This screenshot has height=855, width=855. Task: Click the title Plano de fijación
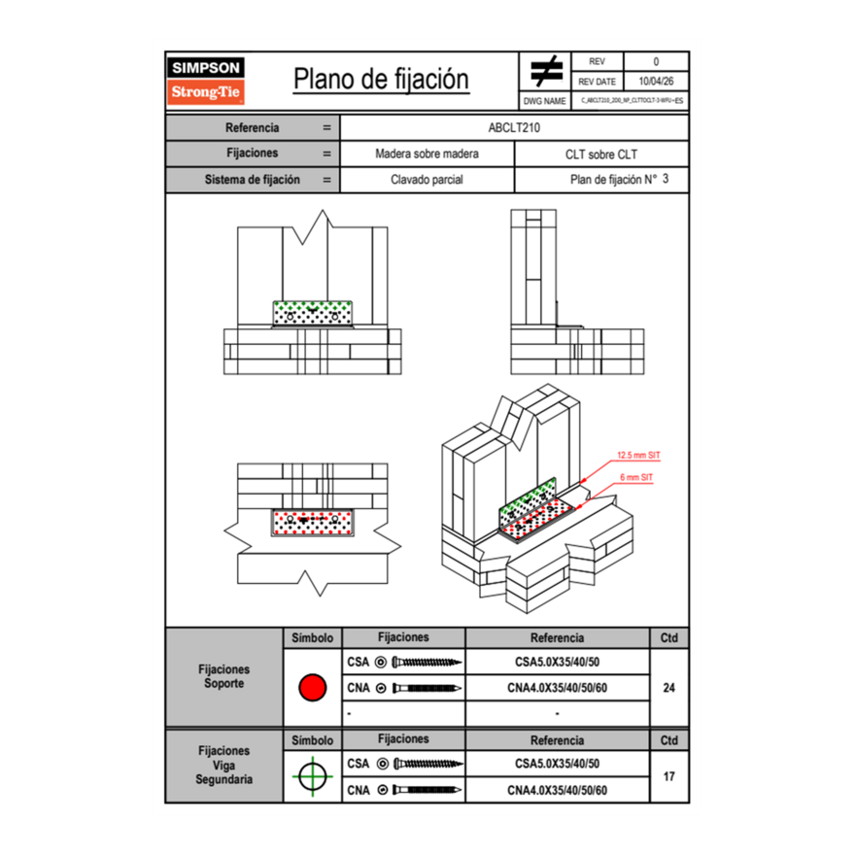[381, 79]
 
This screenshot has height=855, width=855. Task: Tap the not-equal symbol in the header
[546, 71]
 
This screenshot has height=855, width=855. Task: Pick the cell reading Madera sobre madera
[427, 154]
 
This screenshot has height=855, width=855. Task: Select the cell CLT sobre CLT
[600, 154]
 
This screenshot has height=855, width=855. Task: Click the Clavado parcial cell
[427, 180]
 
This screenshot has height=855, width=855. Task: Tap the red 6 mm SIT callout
[634, 478]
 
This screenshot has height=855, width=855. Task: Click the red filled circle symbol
[312, 688]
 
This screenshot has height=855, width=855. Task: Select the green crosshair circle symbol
[312, 776]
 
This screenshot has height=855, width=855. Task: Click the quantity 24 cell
[668, 688]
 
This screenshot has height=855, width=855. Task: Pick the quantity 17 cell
[668, 776]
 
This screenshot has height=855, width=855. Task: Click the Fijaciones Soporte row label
[223, 676]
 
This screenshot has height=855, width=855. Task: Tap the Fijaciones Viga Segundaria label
[223, 765]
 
